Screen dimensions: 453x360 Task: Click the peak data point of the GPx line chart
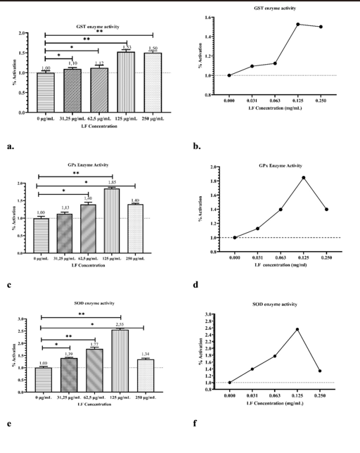304,177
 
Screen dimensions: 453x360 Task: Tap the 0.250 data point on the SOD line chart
319,371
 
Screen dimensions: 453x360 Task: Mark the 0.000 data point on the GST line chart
229,75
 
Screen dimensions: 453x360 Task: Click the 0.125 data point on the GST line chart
297,25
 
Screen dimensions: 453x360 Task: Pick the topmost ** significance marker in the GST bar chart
98,32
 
